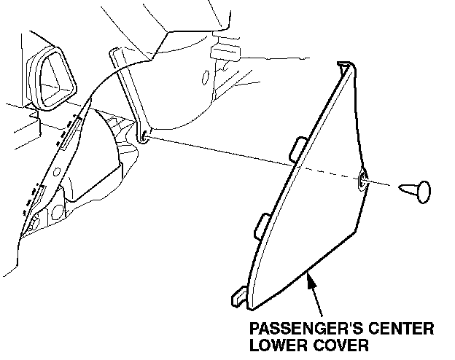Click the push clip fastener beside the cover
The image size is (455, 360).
click(x=416, y=192)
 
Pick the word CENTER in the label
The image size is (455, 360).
click(x=398, y=329)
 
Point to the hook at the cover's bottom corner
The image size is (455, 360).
click(x=239, y=297)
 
